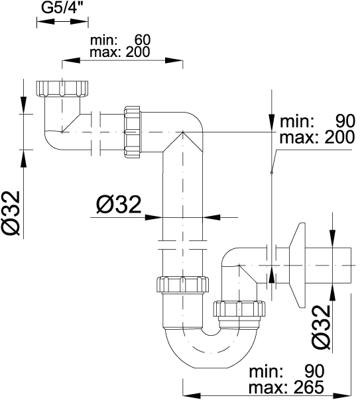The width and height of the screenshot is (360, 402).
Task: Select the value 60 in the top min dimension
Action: (143, 40)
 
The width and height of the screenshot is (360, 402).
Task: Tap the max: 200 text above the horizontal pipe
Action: (119, 52)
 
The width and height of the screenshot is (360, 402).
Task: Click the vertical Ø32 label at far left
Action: (11, 213)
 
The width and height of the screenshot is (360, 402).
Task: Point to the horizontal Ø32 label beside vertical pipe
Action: (119, 205)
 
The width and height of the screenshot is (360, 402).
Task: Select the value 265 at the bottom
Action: (309, 387)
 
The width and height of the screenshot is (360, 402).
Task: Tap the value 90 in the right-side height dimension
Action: (345, 121)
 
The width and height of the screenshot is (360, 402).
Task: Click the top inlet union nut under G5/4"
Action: (62, 89)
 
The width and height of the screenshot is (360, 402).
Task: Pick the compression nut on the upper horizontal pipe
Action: (133, 132)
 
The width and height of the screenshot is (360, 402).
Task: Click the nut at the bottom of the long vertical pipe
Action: (182, 284)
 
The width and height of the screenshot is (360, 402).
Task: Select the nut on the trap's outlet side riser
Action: (239, 309)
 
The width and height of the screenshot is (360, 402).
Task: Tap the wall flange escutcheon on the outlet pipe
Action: (298, 265)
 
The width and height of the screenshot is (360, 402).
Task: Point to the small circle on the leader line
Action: (272, 173)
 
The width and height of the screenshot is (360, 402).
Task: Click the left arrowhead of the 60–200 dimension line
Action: (71, 60)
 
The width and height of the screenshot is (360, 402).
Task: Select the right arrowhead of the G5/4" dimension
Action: (79, 22)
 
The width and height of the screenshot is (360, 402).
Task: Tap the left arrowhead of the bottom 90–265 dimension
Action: (192, 395)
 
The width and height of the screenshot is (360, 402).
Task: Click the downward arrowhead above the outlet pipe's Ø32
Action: (333, 238)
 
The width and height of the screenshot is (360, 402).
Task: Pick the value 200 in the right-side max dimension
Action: (339, 137)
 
